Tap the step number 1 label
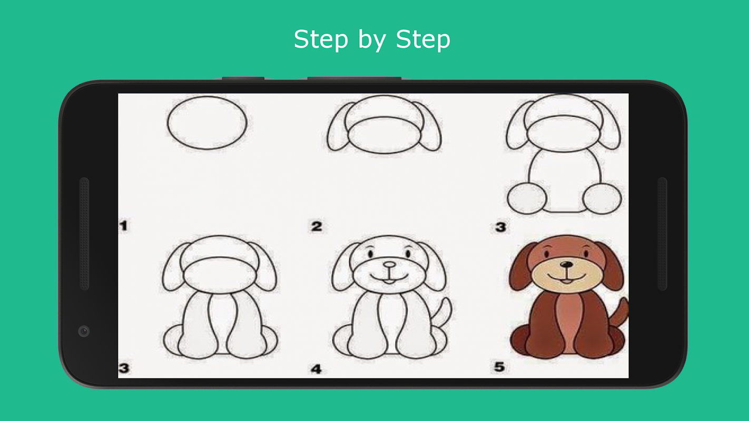(x=123, y=226)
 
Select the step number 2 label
(x=317, y=226)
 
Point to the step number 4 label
(x=316, y=369)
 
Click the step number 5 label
(x=499, y=367)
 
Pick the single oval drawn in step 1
(x=207, y=123)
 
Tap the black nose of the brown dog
(x=566, y=265)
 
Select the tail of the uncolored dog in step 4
(x=442, y=312)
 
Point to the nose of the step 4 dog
(x=389, y=265)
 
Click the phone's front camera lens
(x=84, y=331)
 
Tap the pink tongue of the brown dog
(x=566, y=282)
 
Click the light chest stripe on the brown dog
(x=566, y=326)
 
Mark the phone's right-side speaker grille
(x=662, y=234)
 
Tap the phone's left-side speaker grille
(x=84, y=234)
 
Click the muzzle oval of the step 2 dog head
(x=384, y=135)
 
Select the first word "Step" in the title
(x=321, y=39)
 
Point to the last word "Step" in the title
(x=423, y=39)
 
